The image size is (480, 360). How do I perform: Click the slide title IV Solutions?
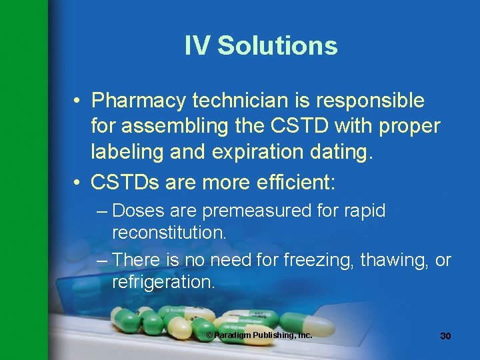(x=261, y=46)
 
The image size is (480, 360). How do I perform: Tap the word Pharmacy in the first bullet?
(x=138, y=101)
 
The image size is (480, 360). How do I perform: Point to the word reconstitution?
(x=169, y=233)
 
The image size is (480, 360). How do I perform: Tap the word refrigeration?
(x=163, y=281)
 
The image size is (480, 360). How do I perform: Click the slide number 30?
(x=445, y=336)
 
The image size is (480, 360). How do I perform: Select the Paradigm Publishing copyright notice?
(x=259, y=335)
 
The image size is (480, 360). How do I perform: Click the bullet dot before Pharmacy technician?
(x=78, y=101)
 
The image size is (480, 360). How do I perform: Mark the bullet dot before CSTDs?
(x=78, y=182)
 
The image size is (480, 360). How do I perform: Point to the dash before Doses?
(x=101, y=211)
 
